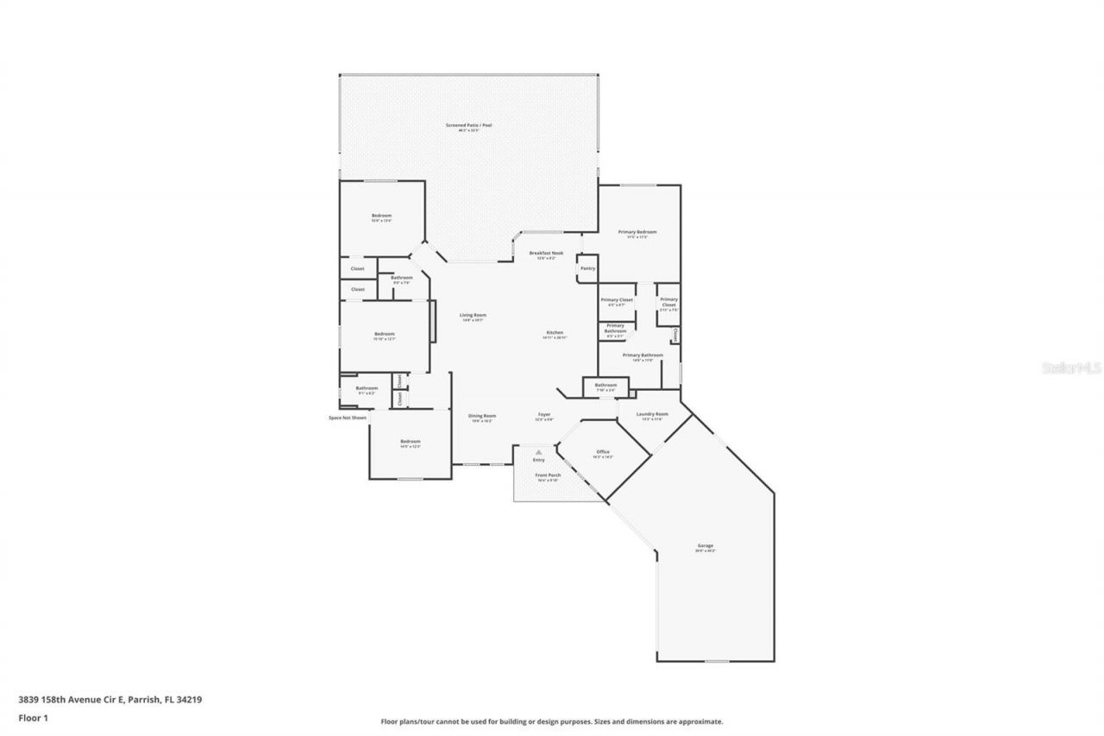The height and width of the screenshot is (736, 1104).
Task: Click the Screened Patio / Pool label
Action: (x=468, y=126)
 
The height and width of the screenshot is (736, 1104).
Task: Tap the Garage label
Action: (x=706, y=545)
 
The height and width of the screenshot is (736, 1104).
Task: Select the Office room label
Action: (x=603, y=452)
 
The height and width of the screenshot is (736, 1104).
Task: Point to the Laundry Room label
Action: (x=652, y=414)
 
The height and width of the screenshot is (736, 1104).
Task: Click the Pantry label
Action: (x=587, y=268)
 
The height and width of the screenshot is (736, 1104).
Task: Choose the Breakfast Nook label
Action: (x=546, y=253)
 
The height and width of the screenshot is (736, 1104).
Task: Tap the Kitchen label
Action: (x=555, y=333)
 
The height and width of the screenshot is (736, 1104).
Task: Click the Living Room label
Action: (x=473, y=315)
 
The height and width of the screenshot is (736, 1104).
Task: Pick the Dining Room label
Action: (x=482, y=416)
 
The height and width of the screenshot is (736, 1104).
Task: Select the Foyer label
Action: (x=544, y=415)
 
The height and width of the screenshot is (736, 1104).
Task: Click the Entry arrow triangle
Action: (x=538, y=451)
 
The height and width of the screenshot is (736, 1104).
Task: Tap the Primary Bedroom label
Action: (x=637, y=232)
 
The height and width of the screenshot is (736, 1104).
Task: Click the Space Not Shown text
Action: (x=348, y=418)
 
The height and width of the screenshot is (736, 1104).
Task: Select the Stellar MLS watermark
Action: (x=1072, y=368)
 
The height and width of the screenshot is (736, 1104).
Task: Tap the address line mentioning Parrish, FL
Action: (x=110, y=700)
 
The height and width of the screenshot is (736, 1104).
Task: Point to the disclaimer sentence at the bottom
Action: (x=552, y=721)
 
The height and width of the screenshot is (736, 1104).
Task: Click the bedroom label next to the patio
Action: (x=381, y=216)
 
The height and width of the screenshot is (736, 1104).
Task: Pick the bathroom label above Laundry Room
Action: (x=605, y=385)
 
